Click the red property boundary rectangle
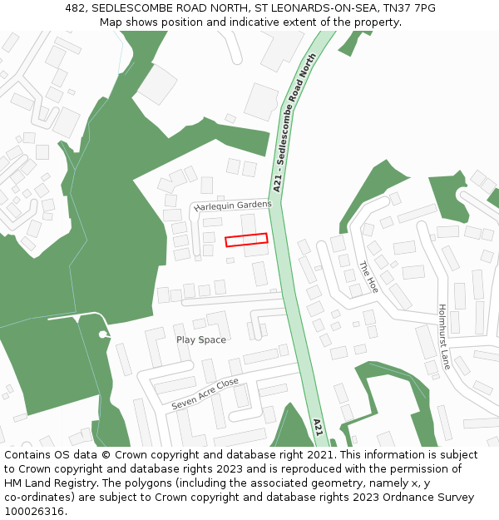pyautogui.click(x=246, y=240)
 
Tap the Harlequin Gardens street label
pyautogui.click(x=233, y=206)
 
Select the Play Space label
pyautogui.click(x=200, y=339)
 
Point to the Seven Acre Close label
pyautogui.click(x=205, y=394)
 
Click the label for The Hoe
pyautogui.click(x=368, y=277)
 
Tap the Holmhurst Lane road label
pyautogui.click(x=444, y=336)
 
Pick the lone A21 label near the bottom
pyautogui.click(x=318, y=428)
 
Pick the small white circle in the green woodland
pyautogui.click(x=102, y=334)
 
